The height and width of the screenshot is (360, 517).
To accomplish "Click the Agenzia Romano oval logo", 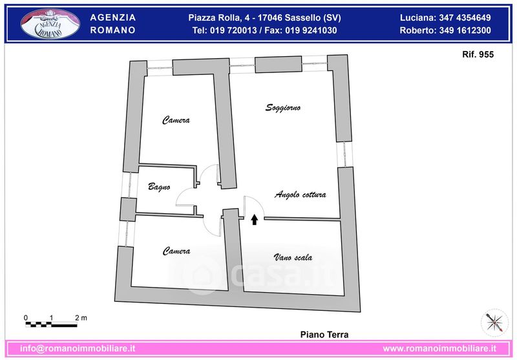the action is tap(50, 24).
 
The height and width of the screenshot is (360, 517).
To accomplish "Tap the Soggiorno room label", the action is tap(283, 108).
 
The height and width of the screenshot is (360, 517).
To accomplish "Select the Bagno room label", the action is tap(159, 187).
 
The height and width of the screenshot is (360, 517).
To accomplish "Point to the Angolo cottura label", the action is tap(301, 195).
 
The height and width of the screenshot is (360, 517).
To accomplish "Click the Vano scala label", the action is tap(293, 257).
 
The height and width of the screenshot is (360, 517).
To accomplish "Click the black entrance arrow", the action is tap(254, 220).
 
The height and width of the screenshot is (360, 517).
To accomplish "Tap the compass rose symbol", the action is tap(494, 323).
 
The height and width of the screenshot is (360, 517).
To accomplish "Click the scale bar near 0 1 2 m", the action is tap(52, 324).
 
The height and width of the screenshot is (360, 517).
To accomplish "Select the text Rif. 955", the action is tap(478, 54).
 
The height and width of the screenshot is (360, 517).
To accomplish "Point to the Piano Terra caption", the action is tap(324, 335).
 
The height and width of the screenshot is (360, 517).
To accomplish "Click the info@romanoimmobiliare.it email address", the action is tap(78, 348).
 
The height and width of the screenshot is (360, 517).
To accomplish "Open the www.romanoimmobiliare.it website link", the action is tap(439, 348).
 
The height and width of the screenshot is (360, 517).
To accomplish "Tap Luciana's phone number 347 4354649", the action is tap(465, 17).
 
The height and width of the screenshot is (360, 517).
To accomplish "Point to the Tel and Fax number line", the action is tap(264, 30).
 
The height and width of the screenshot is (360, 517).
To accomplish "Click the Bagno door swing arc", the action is tap(181, 194).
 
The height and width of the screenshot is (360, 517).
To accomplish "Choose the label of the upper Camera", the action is tap(176, 120).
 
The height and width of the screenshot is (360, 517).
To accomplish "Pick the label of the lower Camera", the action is tap(176, 251).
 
